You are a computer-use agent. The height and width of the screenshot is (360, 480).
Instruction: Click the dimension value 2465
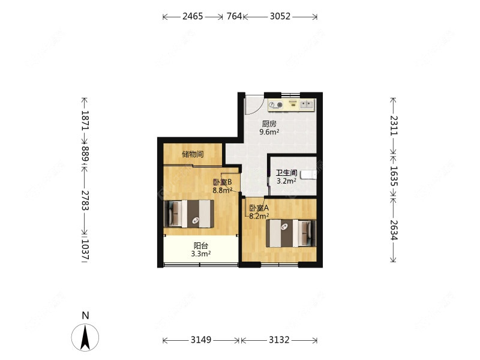(193, 16)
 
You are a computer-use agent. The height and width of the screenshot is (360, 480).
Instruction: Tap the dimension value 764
(234, 16)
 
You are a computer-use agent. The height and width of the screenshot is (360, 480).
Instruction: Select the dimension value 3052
(280, 16)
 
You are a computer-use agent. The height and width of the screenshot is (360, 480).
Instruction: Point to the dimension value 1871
(85, 121)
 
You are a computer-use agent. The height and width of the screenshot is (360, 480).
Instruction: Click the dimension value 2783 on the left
(85, 200)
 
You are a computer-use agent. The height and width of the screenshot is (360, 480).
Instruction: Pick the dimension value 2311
(394, 125)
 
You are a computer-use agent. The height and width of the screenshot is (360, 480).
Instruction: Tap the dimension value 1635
(394, 176)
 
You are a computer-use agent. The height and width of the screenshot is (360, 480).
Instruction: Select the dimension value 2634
(394, 230)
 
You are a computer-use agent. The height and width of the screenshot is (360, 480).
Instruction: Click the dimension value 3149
(201, 340)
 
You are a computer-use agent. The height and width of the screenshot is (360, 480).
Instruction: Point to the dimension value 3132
(279, 340)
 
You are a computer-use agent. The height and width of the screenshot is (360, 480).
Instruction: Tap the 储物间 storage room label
(193, 154)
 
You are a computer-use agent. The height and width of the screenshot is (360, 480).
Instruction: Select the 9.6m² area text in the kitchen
(269, 132)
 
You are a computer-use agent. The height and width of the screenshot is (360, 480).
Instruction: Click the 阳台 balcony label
(201, 245)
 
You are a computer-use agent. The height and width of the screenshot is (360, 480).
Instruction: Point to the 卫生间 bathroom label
(286, 173)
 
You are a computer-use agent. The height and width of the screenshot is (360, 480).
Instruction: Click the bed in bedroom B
(189, 214)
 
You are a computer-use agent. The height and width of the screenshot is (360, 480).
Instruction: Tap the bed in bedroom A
(291, 233)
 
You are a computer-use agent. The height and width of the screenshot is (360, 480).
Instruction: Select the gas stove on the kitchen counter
(275, 105)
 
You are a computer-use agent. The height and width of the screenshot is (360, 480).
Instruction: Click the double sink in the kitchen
(307, 104)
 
